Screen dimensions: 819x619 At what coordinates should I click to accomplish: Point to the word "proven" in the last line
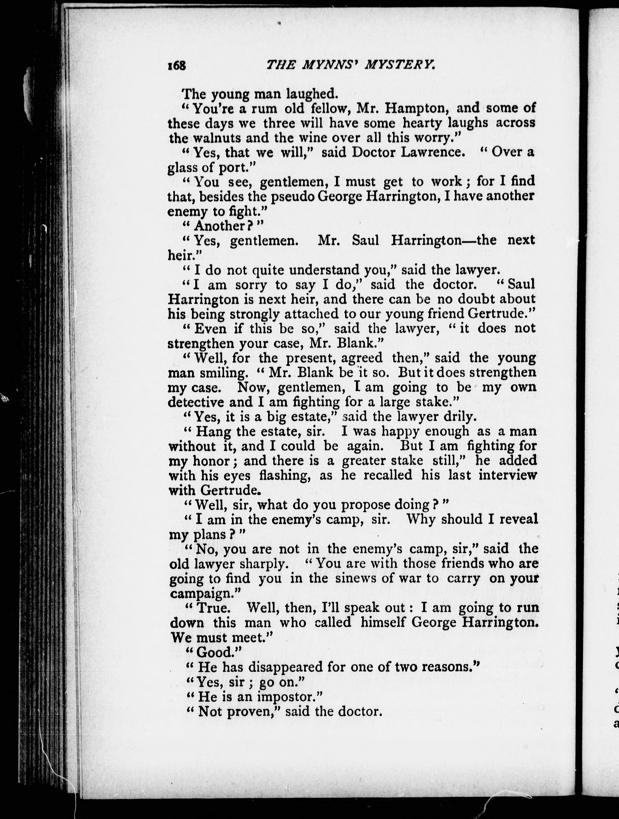(x=251, y=712)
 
